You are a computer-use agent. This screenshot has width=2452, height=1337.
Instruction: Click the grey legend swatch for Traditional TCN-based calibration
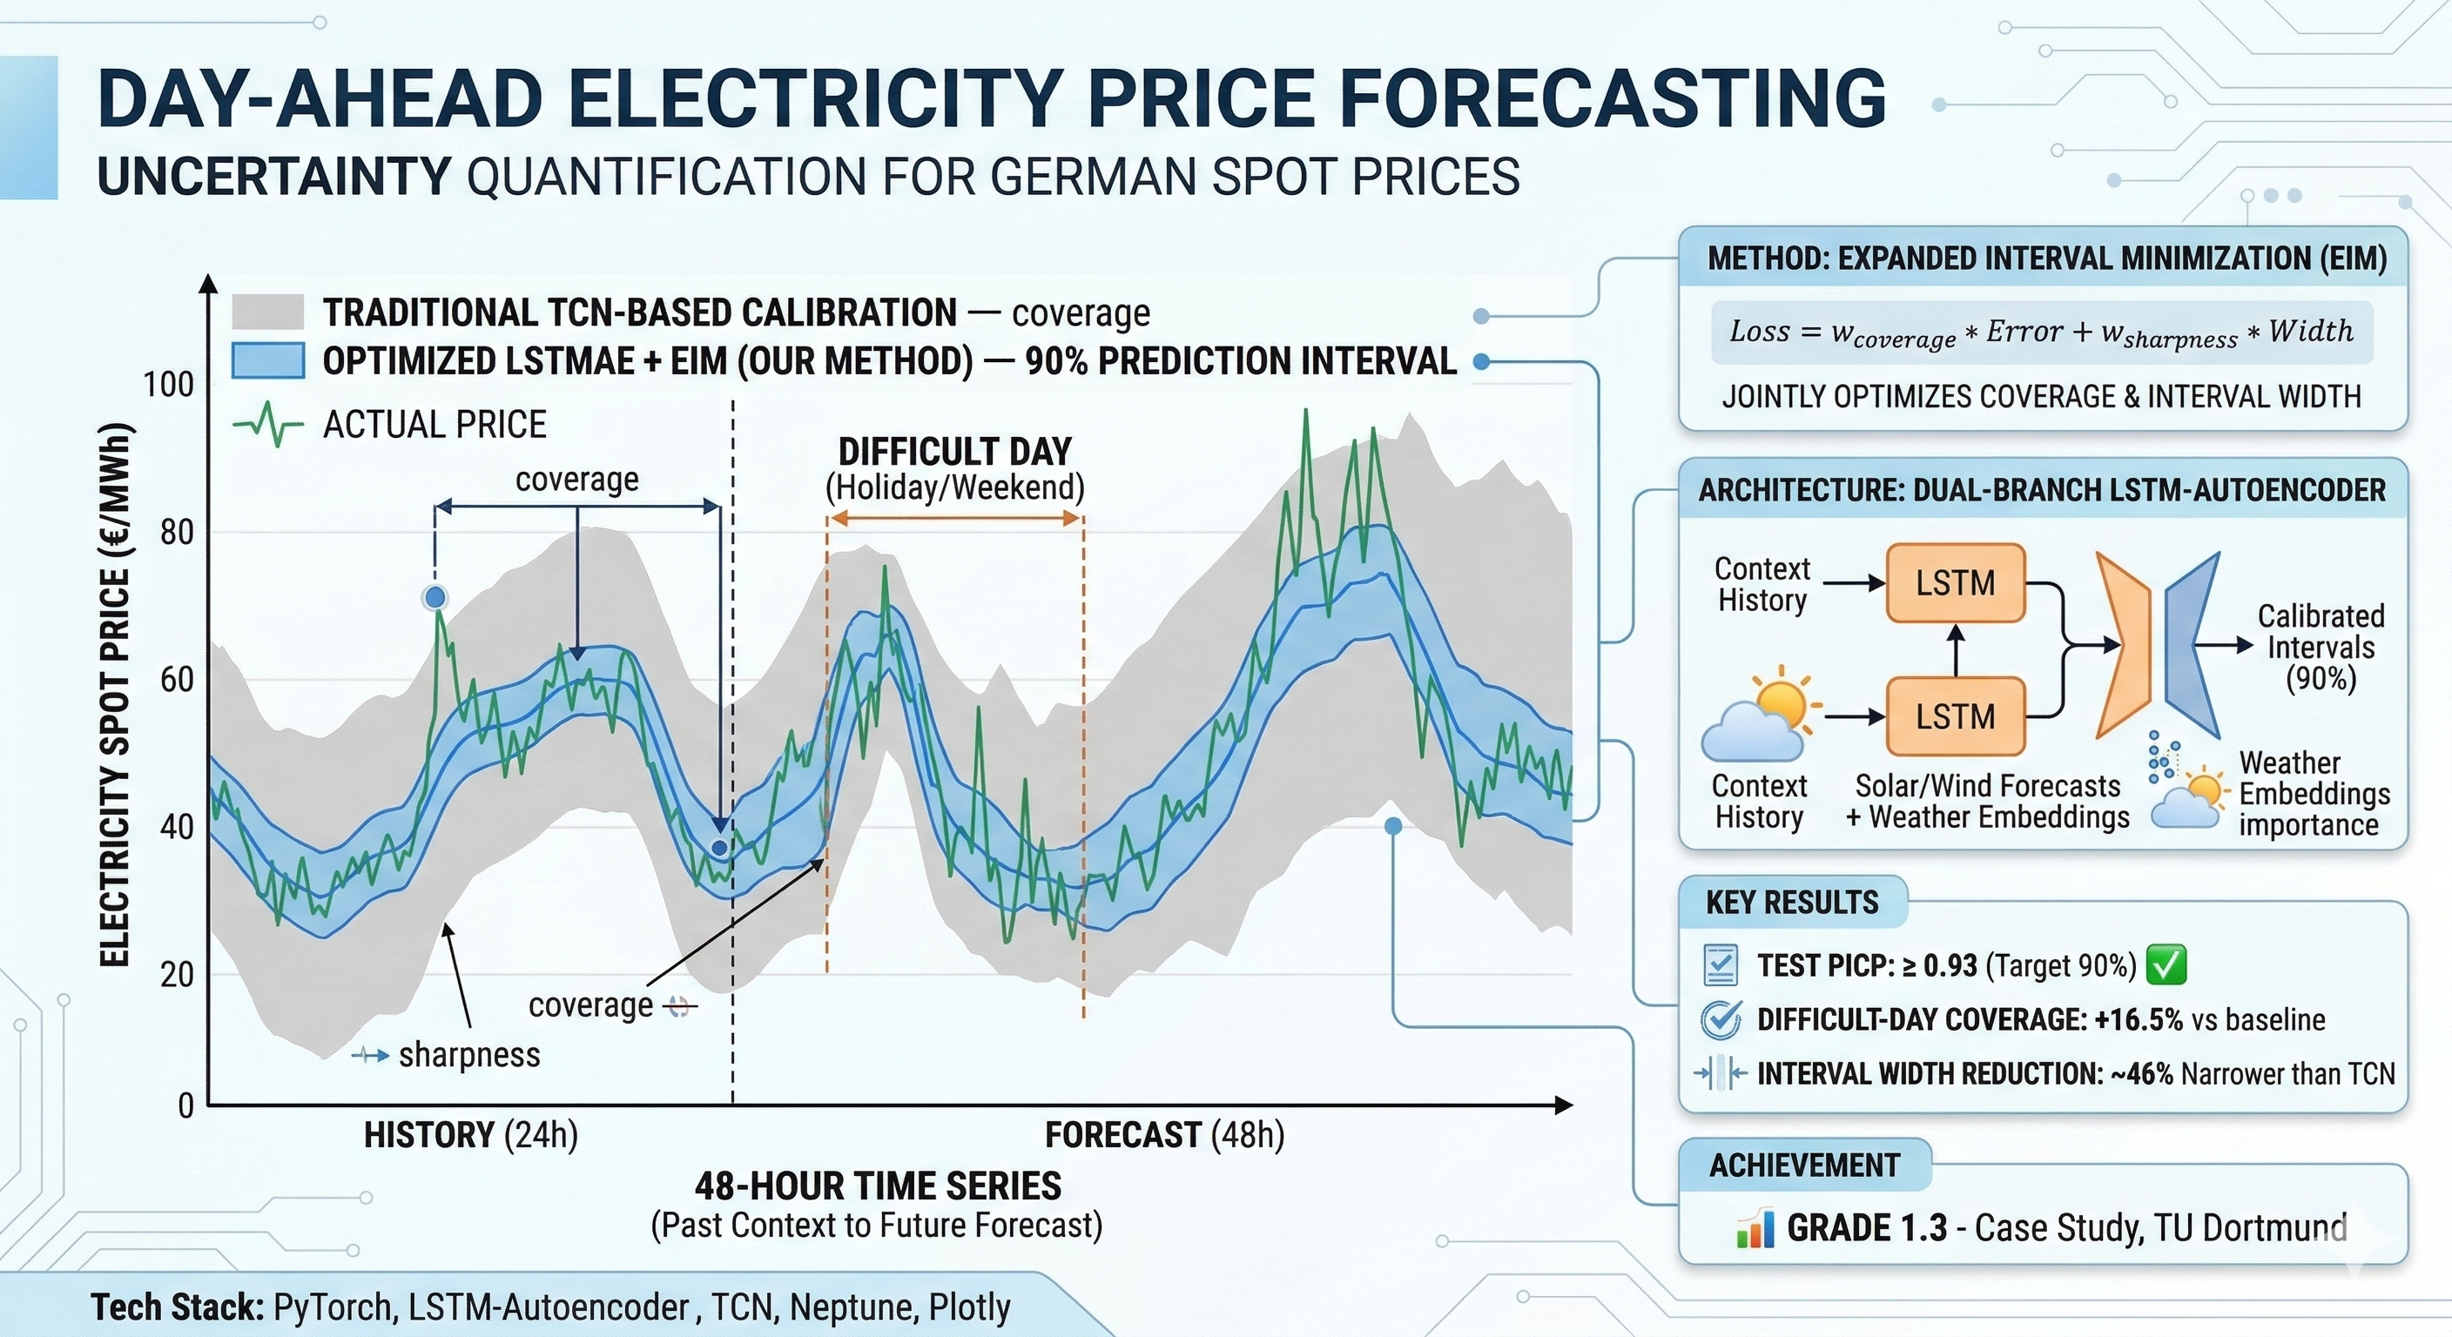267,312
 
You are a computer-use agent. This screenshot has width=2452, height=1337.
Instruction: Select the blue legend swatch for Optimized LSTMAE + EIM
267,361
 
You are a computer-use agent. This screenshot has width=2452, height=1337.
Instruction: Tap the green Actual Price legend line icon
267,425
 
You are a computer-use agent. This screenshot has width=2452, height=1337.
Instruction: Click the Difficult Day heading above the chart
954,451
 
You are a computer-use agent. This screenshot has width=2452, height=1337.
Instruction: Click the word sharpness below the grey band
469,1055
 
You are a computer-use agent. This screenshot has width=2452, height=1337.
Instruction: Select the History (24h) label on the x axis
471,1135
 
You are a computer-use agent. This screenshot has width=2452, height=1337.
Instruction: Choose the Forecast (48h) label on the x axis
1164,1135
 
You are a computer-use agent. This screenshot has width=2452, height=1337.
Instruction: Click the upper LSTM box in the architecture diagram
1955,583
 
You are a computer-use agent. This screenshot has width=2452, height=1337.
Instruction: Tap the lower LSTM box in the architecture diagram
1955,716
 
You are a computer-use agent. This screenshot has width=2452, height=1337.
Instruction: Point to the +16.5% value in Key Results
2138,1020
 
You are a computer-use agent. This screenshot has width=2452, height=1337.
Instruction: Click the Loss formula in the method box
2041,333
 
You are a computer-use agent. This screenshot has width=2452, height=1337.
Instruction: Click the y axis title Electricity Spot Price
115,695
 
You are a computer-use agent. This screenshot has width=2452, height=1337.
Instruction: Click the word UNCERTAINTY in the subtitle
274,177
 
